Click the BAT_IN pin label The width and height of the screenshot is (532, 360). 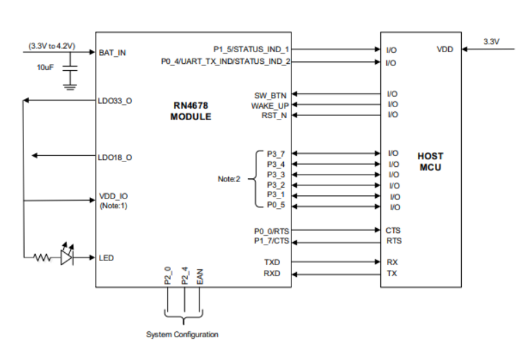tap(113, 52)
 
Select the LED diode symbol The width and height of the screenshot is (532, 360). tap(67, 258)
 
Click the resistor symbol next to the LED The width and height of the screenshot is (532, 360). tap(42, 258)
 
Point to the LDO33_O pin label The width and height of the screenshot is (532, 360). tap(115, 100)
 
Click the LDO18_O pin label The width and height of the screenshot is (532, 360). tap(115, 157)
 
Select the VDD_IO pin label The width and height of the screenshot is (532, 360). tap(113, 196)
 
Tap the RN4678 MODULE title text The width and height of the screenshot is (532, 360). tap(190, 111)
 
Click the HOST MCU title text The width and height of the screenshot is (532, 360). tap(430, 162)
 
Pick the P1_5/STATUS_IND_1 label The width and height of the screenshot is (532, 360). tap(252, 49)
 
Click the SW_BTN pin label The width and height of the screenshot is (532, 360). tap(271, 94)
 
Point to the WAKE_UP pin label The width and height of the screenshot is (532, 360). tap(270, 105)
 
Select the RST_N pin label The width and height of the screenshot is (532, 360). tap(275, 115)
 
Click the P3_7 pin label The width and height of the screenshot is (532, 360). tap(276, 153)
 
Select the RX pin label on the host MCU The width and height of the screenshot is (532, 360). tap(392, 262)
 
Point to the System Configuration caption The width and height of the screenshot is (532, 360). tap(182, 335)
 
